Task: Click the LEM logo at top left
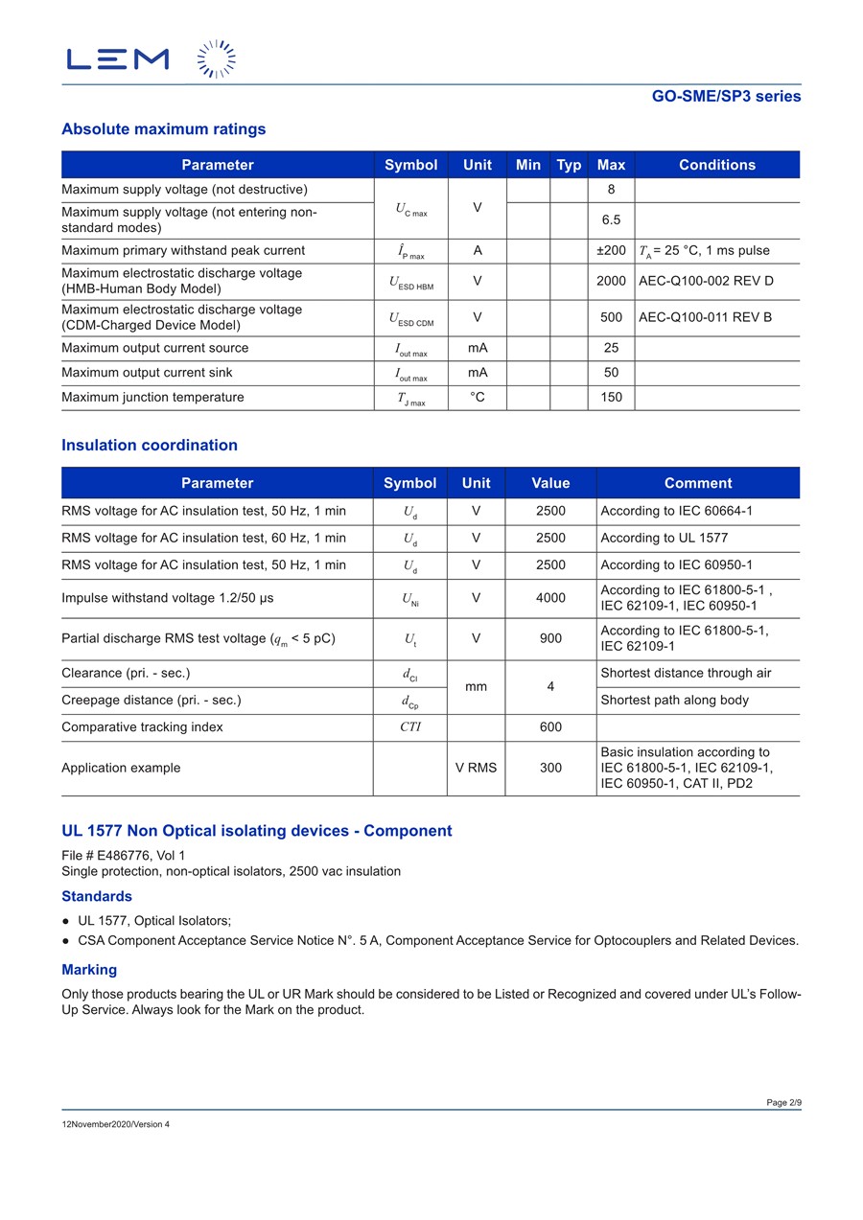tap(118, 58)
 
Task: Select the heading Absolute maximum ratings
tap(164, 129)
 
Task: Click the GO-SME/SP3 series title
tap(726, 96)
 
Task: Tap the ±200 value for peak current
tap(611, 251)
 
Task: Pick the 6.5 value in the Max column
tap(611, 220)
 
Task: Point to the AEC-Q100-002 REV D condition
tap(706, 281)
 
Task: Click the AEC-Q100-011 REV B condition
tap(705, 317)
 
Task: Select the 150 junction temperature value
tap(611, 398)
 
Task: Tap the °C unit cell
tap(478, 398)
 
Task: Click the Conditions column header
tap(717, 165)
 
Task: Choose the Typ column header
tap(569, 165)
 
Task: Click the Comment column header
tap(698, 483)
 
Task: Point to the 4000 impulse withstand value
tap(550, 598)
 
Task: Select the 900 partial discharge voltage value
tap(550, 638)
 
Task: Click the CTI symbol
tap(410, 727)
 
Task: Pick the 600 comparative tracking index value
tap(550, 727)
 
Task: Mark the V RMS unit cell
tap(476, 768)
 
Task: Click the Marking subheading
tap(89, 970)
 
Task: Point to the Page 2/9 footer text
tap(783, 1103)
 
